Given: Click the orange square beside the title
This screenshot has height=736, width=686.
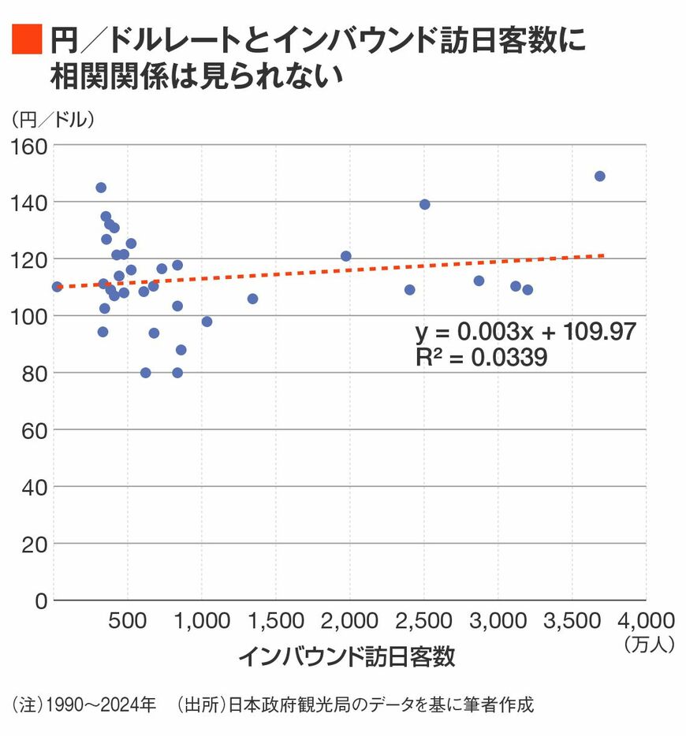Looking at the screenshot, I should pos(25,39).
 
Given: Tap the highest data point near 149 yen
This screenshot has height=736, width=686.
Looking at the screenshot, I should pos(599,176).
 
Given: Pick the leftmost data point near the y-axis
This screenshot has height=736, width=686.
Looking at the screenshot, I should pos(57,287).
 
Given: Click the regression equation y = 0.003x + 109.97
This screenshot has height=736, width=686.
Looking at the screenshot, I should pos(525,331).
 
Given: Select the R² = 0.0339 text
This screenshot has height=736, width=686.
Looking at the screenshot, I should pos(481,357).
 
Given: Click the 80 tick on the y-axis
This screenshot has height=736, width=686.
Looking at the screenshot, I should pos(35,373).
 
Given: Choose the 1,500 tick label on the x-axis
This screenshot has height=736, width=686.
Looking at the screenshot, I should pos(275,620).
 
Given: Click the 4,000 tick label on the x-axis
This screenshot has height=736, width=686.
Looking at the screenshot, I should pos(645,620).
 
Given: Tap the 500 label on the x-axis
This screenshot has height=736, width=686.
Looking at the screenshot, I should pos(128,620).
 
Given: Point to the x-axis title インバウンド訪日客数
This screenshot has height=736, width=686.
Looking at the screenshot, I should pos(346,657).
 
